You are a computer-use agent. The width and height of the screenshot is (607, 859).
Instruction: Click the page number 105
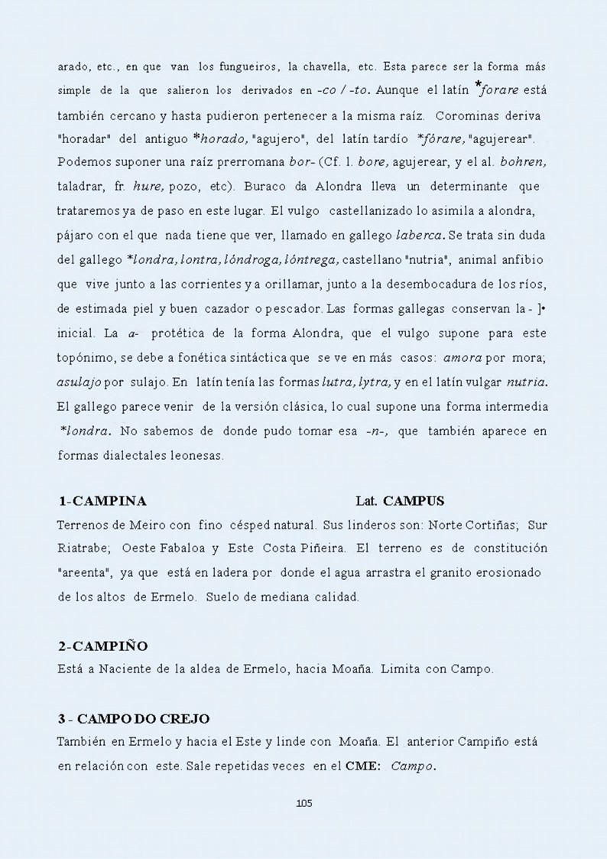click(303, 803)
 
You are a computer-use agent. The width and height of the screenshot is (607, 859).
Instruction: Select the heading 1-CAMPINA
click(102, 502)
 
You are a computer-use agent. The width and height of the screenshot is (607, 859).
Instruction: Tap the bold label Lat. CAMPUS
click(400, 502)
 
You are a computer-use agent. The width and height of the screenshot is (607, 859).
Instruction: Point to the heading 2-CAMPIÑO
click(103, 646)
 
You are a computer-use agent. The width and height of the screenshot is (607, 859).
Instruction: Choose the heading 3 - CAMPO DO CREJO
click(134, 719)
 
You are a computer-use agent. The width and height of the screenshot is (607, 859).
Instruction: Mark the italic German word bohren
click(523, 163)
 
